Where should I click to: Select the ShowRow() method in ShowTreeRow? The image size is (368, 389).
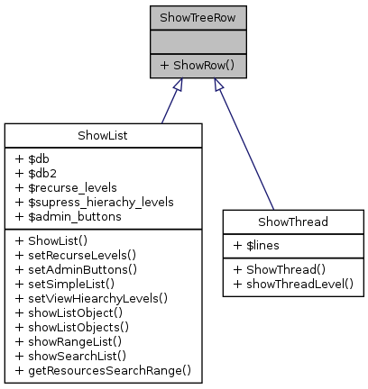(x=196, y=66)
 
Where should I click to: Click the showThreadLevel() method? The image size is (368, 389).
(x=292, y=283)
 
